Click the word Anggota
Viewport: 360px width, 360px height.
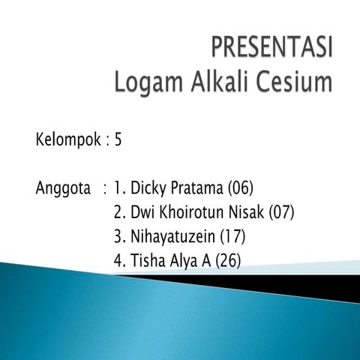[63, 187]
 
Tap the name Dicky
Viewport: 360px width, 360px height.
[148, 187]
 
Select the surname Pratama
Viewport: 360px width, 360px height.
[197, 187]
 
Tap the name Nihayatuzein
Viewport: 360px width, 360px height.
[172, 237]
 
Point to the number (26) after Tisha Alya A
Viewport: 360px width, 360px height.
[228, 262]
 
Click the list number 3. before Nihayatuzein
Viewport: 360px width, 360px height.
[118, 237]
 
